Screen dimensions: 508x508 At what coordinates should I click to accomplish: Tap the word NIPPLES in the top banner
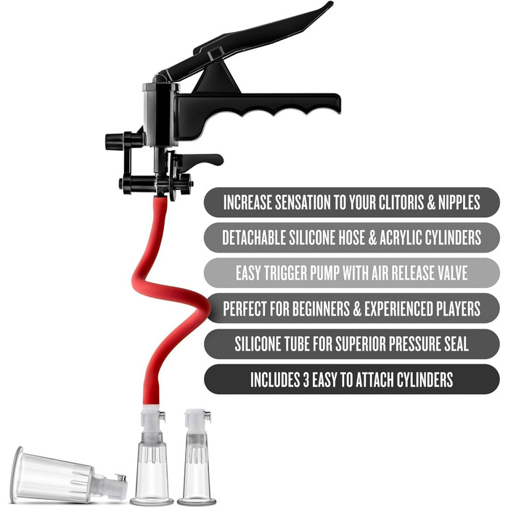(x=459, y=202)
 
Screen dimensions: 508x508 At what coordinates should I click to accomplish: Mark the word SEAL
(x=455, y=344)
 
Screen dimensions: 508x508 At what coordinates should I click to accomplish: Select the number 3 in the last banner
(x=306, y=380)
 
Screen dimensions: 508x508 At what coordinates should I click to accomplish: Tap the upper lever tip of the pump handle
(x=329, y=4)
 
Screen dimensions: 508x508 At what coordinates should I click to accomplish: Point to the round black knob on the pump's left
(x=112, y=142)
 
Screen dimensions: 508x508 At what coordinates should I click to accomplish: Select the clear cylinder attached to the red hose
(x=152, y=470)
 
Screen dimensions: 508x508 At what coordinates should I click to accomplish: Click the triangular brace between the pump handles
(x=216, y=78)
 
